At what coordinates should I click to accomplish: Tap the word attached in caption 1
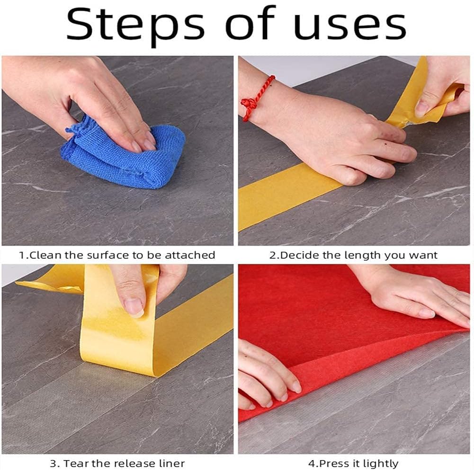190,255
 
